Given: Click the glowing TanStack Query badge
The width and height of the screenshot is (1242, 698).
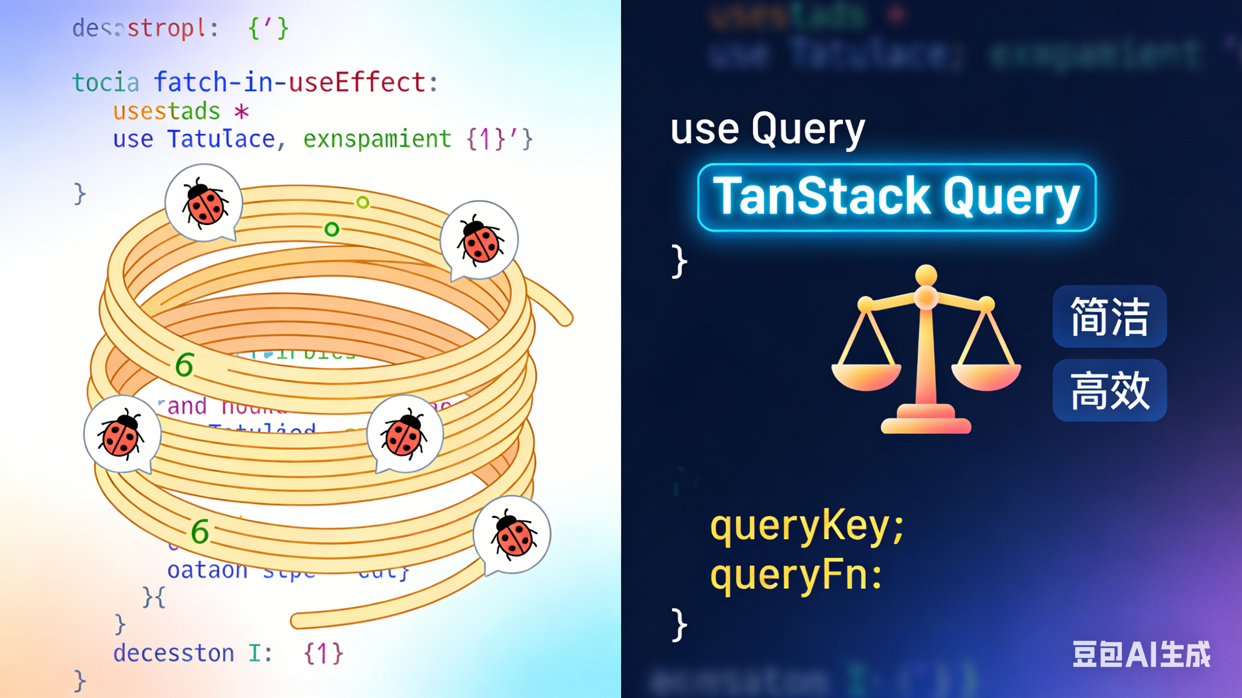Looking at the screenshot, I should (x=897, y=197).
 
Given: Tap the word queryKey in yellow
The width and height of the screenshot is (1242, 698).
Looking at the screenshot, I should (x=800, y=527).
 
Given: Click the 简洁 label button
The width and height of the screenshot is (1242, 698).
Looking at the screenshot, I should (x=1110, y=316).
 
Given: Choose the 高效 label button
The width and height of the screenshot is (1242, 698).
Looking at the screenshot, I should (x=1110, y=391).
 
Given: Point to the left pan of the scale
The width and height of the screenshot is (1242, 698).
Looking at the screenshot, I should (x=866, y=376).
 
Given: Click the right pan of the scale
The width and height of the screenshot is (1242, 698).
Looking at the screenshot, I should (x=986, y=376).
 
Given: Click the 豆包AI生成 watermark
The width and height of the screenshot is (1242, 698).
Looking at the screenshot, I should (x=1141, y=654).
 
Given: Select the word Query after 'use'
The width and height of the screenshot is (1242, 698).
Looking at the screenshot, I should (x=808, y=129).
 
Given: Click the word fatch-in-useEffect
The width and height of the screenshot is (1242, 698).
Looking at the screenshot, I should (x=290, y=82).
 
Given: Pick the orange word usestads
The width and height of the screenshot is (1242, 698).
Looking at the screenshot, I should (x=167, y=111).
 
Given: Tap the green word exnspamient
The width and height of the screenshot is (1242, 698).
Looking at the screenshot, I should (x=377, y=139).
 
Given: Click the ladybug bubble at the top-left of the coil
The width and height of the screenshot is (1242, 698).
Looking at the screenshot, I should (x=204, y=202).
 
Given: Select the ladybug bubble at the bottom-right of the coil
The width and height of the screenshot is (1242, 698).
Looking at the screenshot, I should (x=512, y=534).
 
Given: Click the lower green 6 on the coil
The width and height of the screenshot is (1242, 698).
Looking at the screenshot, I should (x=200, y=532).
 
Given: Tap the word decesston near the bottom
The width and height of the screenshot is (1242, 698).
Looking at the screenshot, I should (x=174, y=653).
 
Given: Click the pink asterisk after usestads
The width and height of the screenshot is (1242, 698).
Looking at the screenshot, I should (x=241, y=112).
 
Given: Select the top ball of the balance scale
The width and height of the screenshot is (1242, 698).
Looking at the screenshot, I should (x=926, y=275).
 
